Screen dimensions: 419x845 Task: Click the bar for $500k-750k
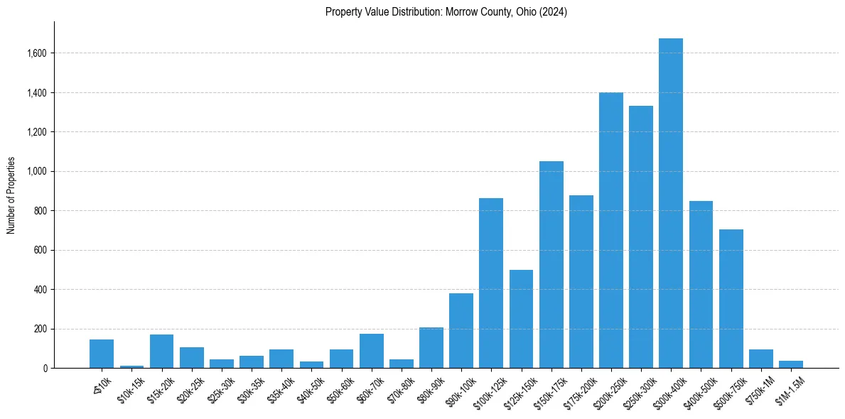pos(731,298)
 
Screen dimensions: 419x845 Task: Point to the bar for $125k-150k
pos(521,319)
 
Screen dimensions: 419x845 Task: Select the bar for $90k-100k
pos(461,330)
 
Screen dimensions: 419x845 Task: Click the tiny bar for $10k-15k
pos(131,366)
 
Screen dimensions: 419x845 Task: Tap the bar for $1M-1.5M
pos(790,364)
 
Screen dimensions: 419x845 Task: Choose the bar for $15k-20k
pos(161,351)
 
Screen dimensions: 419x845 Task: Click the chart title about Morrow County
pos(446,12)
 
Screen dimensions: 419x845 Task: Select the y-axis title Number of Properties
pos(11,195)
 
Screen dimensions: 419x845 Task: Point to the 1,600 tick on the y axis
pos(37,53)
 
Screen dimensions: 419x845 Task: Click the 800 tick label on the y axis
pos(41,211)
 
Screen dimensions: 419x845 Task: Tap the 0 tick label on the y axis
pos(45,369)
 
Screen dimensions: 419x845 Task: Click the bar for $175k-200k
pos(581,281)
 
